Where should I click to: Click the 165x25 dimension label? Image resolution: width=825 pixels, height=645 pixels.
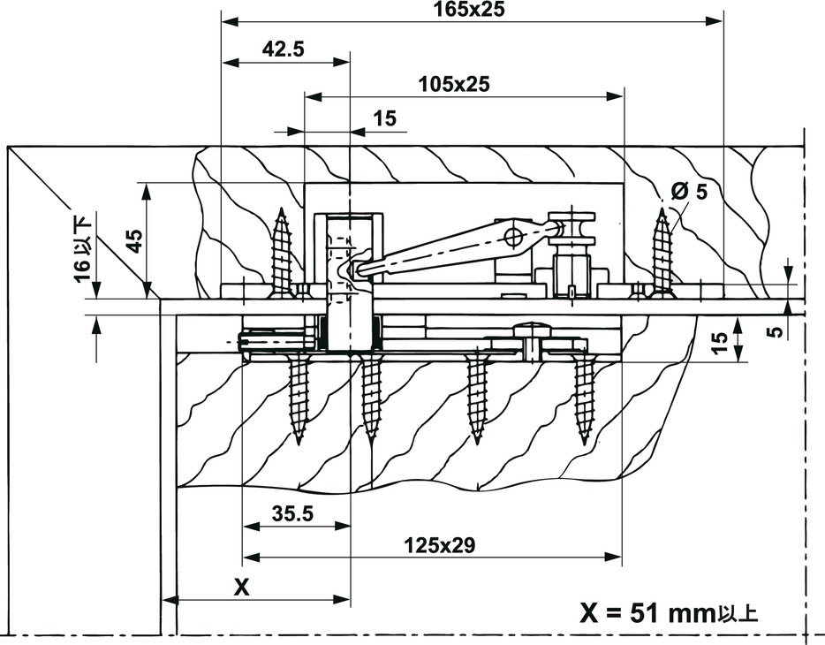point(469,9)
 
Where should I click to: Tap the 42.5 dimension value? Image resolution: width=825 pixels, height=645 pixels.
point(283,49)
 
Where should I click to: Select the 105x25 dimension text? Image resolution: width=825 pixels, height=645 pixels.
point(454,84)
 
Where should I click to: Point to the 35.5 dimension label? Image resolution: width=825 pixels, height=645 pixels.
point(292,513)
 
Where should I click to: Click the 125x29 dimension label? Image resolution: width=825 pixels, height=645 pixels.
point(439,545)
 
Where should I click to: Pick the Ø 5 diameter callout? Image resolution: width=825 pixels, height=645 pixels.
point(689,192)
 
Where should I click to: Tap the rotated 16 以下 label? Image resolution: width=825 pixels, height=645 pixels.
point(84,247)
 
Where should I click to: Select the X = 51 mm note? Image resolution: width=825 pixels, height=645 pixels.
point(669,613)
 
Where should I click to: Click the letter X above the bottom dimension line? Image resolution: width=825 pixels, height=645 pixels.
point(241,587)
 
